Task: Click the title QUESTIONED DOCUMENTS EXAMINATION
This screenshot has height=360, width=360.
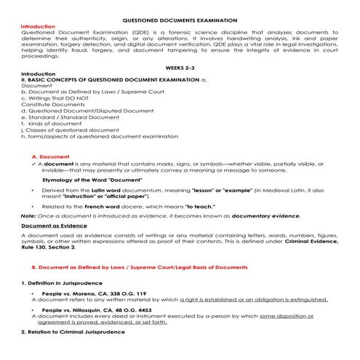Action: point(180,21)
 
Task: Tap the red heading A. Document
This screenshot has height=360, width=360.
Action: point(50,156)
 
